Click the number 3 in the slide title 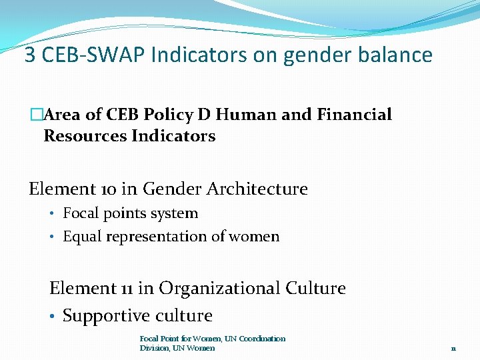click(30, 55)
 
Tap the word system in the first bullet click(176, 214)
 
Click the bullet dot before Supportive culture click(53, 316)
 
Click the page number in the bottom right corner click(453, 348)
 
